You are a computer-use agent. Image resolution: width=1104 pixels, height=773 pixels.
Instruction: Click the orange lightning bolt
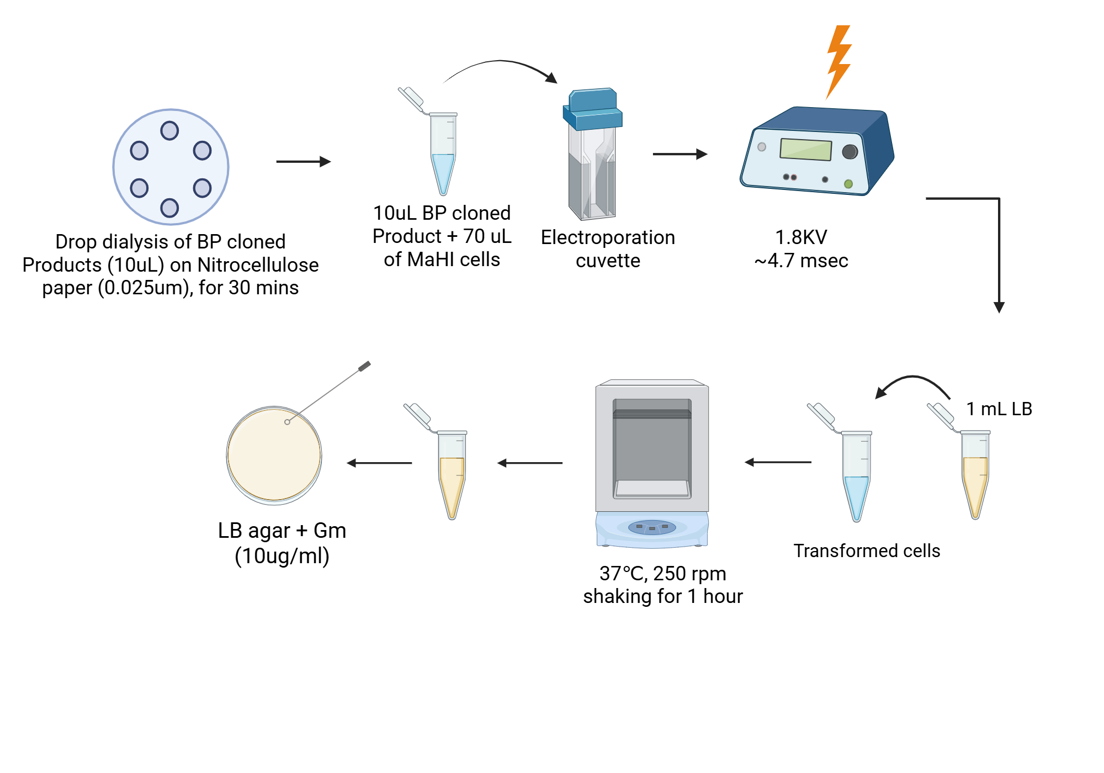click(838, 61)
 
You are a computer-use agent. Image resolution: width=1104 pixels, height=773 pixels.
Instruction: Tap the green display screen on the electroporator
click(805, 149)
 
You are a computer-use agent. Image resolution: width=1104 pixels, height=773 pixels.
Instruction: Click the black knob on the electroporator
click(850, 151)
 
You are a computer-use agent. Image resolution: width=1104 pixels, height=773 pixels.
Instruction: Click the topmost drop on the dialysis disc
click(169, 131)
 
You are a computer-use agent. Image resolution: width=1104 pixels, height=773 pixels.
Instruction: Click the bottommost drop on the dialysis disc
click(169, 208)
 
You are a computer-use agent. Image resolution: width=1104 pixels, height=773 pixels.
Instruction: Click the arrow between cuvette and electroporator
click(680, 154)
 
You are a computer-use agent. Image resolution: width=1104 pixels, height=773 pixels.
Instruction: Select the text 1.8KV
click(801, 237)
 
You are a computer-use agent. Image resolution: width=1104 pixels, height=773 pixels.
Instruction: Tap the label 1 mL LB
click(999, 409)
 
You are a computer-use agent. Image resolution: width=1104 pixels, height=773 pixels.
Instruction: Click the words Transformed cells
click(867, 551)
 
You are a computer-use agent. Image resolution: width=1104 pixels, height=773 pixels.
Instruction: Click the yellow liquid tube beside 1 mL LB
click(975, 480)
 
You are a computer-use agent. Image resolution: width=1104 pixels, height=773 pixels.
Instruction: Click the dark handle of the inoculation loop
click(364, 366)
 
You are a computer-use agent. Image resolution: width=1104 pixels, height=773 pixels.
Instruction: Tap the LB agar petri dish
click(274, 456)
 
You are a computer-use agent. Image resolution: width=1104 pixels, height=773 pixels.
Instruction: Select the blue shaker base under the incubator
click(652, 529)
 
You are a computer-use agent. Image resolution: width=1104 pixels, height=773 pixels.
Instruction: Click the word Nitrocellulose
click(258, 265)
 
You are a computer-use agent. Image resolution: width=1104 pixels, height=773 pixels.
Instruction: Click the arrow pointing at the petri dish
click(379, 463)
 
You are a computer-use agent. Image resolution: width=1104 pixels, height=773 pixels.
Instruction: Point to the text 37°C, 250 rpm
click(662, 574)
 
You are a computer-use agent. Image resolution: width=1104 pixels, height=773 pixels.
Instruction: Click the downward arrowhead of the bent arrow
click(999, 307)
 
